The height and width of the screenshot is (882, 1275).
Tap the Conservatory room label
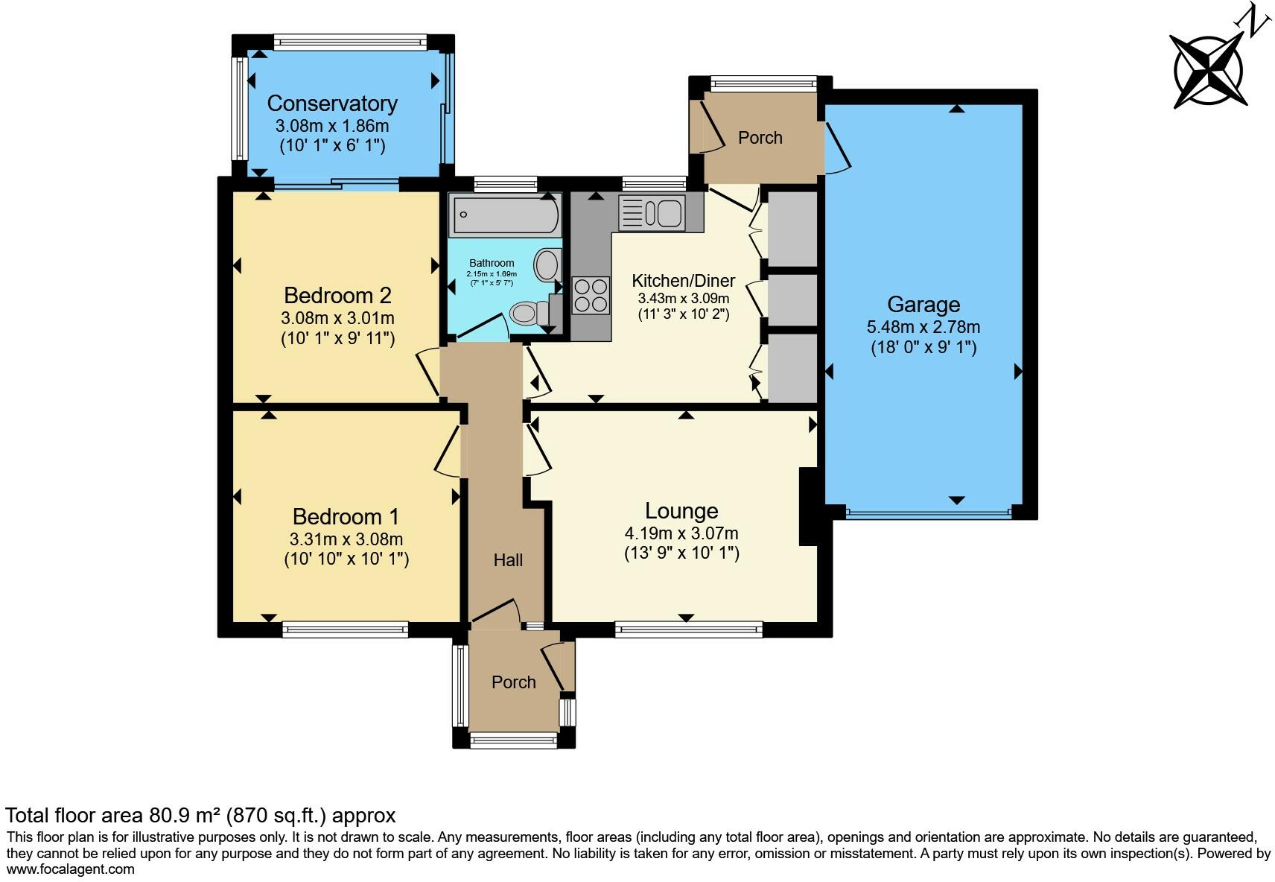pyautogui.click(x=332, y=103)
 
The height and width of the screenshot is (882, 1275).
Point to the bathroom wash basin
pyautogui.click(x=547, y=264)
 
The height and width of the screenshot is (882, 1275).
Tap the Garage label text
pyautogui.click(x=923, y=304)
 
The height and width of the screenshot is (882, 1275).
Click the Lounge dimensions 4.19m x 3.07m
pyautogui.click(x=681, y=533)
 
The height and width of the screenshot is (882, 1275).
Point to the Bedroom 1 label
pyautogui.click(x=346, y=516)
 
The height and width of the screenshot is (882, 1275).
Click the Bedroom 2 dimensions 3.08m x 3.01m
pyautogui.click(x=337, y=318)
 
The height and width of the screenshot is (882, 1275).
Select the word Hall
pyautogui.click(x=508, y=560)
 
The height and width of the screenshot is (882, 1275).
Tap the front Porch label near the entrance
pyautogui.click(x=513, y=682)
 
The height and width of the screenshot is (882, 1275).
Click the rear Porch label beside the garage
pyautogui.click(x=760, y=138)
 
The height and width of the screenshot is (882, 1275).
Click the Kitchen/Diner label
pyautogui.click(x=683, y=281)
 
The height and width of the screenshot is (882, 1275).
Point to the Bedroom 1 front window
pyautogui.click(x=346, y=629)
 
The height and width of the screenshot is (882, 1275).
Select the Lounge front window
pyautogui.click(x=689, y=629)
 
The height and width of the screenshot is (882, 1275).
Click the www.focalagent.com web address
pyautogui.click(x=71, y=869)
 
